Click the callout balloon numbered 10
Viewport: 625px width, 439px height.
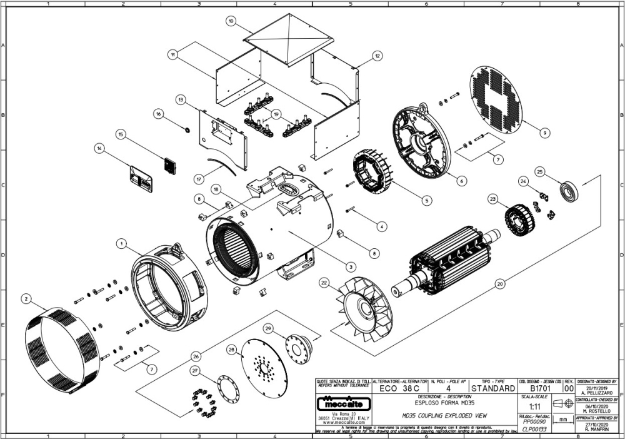tap(231, 21)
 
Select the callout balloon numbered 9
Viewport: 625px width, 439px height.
tap(545, 133)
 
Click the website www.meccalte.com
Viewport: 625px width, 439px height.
tap(340, 422)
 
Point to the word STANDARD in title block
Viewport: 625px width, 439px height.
tap(493, 388)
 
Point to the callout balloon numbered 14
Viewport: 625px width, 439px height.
tap(99, 148)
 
